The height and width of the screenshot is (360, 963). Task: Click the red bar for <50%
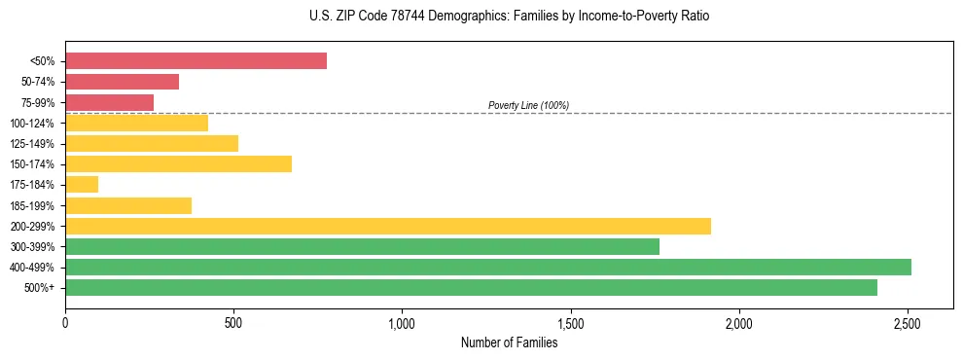tap(196, 61)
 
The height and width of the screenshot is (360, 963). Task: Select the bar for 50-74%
tap(122, 82)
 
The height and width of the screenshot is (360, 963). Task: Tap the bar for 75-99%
tap(109, 102)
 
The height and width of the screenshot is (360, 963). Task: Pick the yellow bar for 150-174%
tap(178, 163)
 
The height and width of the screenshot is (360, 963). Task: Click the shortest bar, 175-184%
tap(82, 184)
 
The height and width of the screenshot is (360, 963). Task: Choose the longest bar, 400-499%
tap(487, 267)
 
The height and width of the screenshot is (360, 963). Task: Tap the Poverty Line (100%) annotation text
tap(528, 105)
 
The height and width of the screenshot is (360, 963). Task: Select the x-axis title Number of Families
tap(509, 342)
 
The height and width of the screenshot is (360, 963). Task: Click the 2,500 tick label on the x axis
tap(908, 322)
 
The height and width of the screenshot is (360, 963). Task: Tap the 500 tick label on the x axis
tap(233, 322)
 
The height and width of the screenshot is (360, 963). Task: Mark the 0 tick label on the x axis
tap(65, 322)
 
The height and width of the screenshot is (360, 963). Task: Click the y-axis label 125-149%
tap(33, 144)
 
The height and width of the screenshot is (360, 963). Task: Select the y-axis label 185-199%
tap(33, 205)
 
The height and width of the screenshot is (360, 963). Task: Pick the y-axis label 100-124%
tap(33, 124)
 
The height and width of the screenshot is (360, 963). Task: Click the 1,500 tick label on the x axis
tap(570, 322)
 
